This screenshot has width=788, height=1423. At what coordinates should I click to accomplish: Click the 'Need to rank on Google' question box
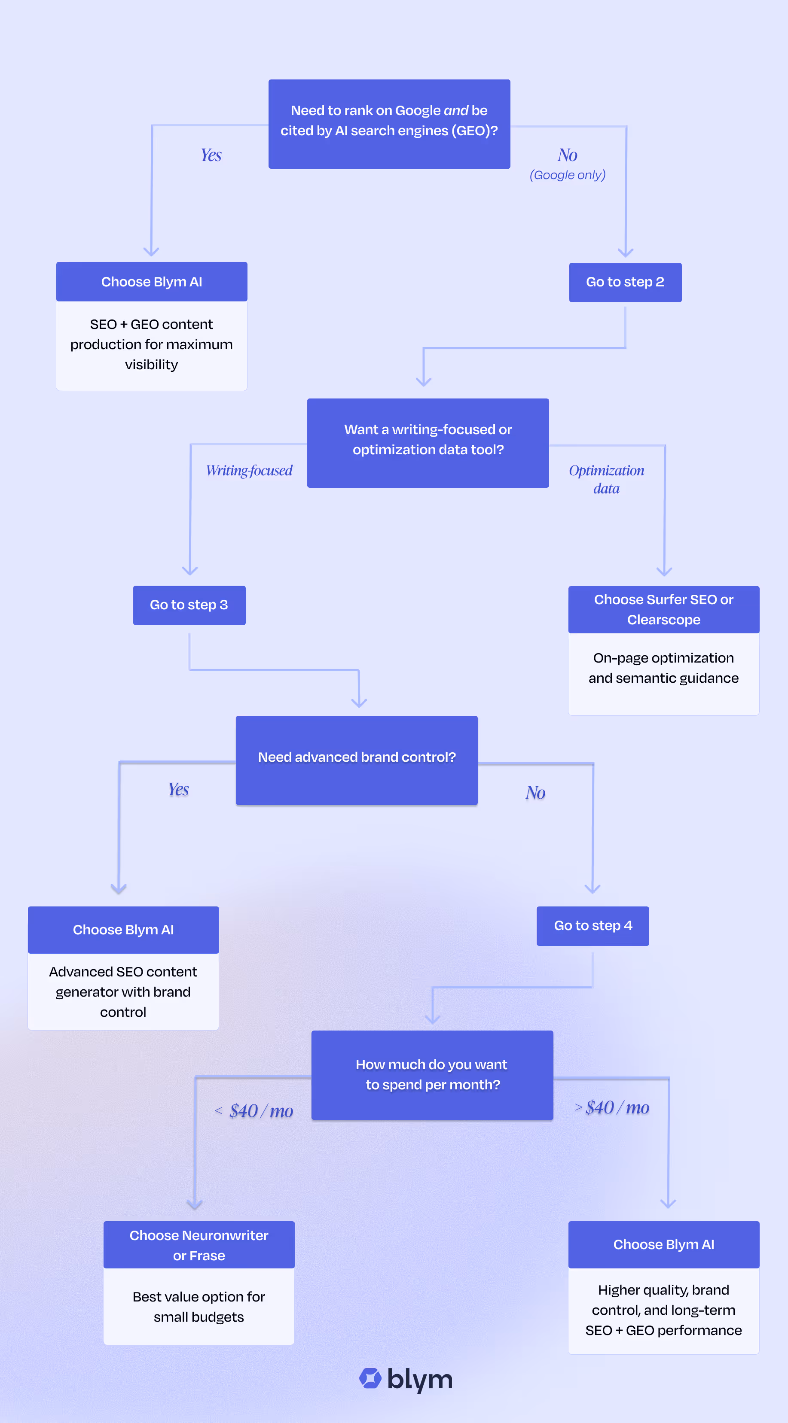pyautogui.click(x=389, y=124)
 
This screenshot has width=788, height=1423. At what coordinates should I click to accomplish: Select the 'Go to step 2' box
pyautogui.click(x=625, y=282)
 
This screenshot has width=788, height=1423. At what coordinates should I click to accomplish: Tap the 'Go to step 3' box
pyautogui.click(x=189, y=605)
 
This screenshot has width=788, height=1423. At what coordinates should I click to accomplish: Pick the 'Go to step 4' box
pyautogui.click(x=593, y=926)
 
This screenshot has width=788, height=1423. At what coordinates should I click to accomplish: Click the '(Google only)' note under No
pyautogui.click(x=568, y=175)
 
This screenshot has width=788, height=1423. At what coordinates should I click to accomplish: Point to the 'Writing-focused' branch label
pyautogui.click(x=249, y=471)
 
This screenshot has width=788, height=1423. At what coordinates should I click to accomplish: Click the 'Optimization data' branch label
pyautogui.click(x=606, y=479)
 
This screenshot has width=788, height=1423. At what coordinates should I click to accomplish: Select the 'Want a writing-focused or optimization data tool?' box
pyautogui.click(x=428, y=442)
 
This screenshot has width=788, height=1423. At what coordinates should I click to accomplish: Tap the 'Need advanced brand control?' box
pyautogui.click(x=357, y=760)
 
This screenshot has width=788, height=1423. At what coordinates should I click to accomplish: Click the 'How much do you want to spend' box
pyautogui.click(x=432, y=1074)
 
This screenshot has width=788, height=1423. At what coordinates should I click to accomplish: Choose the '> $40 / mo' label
pyautogui.click(x=612, y=1107)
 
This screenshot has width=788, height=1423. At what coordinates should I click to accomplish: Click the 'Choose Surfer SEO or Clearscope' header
pyautogui.click(x=663, y=609)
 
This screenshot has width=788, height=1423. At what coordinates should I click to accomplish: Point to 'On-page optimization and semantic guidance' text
pyautogui.click(x=663, y=668)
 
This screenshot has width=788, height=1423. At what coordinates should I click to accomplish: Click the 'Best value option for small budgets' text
pyautogui.click(x=199, y=1307)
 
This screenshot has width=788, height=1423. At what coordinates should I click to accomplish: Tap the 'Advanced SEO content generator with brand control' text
pyautogui.click(x=123, y=991)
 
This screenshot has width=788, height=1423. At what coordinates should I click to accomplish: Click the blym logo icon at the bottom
pyautogui.click(x=370, y=1378)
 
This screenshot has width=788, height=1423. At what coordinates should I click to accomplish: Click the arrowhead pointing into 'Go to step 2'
pyautogui.click(x=625, y=253)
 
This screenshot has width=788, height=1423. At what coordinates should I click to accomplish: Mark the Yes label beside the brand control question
pyautogui.click(x=178, y=789)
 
